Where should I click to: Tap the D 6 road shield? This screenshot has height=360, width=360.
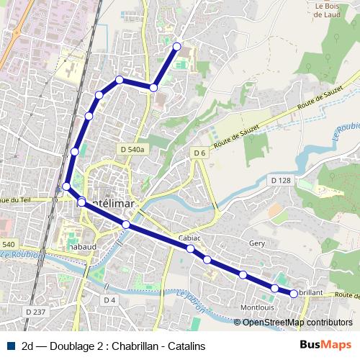[x=199, y=153]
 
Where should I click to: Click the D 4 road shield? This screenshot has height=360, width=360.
[x=109, y=300]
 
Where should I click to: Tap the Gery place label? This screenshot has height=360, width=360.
[x=257, y=244]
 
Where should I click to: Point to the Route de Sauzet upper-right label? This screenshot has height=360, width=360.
[x=315, y=103]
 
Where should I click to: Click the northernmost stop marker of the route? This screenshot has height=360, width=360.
[x=177, y=47]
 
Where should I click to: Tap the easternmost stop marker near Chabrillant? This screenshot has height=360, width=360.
[x=294, y=293]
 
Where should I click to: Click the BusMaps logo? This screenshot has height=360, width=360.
[x=325, y=346]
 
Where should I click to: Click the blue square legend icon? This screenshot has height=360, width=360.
[x=10, y=346]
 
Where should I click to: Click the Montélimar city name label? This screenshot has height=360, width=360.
[x=108, y=203]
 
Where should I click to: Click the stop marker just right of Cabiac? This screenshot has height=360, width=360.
[x=207, y=259]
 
